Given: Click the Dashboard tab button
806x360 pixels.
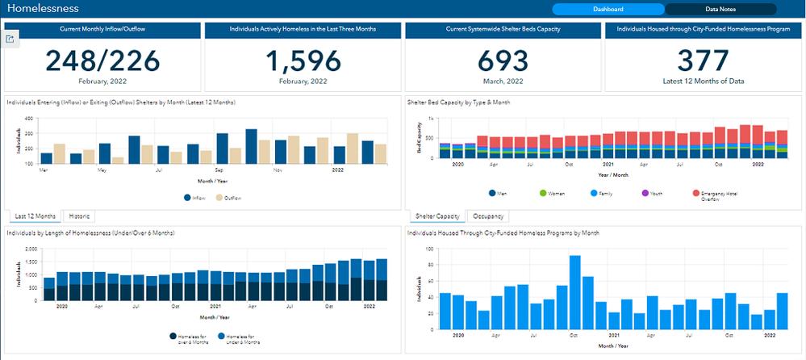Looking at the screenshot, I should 608,10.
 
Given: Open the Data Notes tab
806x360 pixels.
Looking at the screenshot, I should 720,10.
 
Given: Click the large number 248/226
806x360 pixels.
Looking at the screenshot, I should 102,61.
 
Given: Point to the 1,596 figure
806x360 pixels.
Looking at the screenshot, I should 302,61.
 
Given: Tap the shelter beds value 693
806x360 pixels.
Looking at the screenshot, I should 503,61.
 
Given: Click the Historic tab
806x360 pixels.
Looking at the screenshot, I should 79,216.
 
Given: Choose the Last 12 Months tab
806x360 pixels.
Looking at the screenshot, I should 35,216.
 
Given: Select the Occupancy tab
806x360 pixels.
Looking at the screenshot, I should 489,216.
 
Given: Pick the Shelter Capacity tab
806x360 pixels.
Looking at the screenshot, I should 436,216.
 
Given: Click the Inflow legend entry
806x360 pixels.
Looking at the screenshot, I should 194,198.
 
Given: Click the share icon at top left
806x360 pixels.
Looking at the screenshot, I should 10,38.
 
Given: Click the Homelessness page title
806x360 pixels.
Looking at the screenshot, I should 43,9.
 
